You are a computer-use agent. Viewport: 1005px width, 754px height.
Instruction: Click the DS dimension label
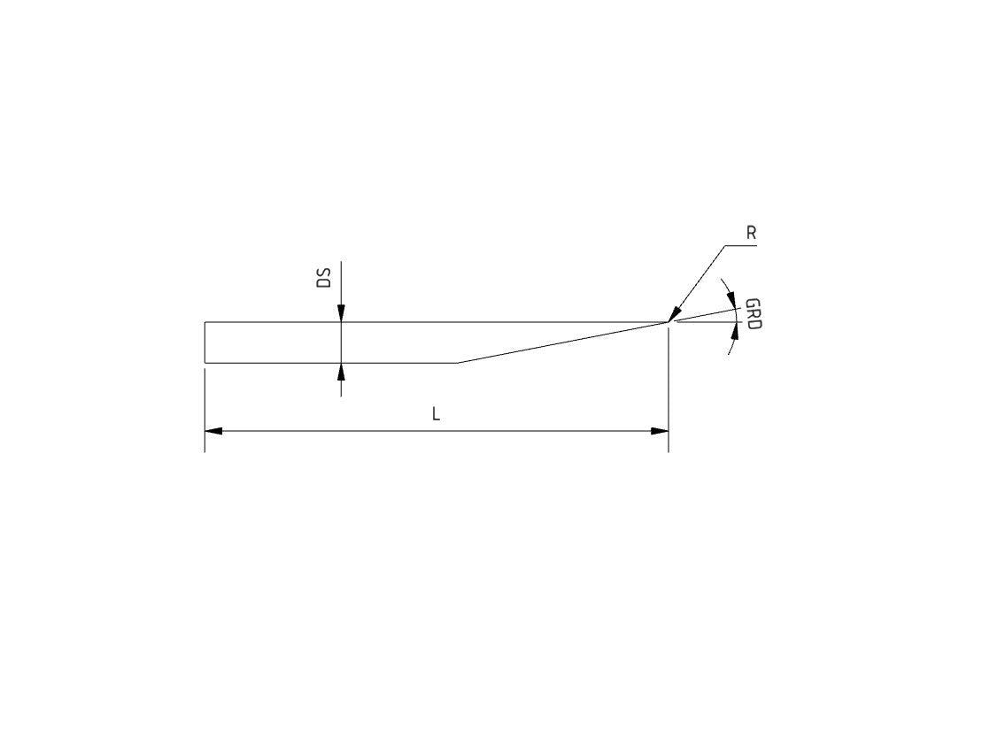click(324, 277)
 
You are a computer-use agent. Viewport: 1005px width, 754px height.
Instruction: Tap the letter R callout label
click(751, 234)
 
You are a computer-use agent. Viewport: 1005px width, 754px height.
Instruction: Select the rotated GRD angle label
click(754, 314)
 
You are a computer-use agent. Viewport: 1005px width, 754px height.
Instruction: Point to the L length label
click(436, 414)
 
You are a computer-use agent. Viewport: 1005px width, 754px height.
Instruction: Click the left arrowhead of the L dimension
click(213, 431)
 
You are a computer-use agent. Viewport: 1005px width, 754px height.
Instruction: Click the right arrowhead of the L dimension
click(660, 431)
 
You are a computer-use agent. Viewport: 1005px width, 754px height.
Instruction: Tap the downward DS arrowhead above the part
click(341, 314)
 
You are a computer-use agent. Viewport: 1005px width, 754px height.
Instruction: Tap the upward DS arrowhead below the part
click(341, 371)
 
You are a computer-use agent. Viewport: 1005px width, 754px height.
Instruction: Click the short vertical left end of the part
click(205, 342)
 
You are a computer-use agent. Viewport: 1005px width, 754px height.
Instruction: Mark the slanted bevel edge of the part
click(562, 342)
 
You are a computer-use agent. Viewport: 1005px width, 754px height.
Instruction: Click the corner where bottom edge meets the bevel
click(457, 363)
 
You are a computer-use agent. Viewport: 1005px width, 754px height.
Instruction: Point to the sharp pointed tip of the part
click(667, 322)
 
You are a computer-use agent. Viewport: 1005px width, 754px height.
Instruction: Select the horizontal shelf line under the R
click(741, 245)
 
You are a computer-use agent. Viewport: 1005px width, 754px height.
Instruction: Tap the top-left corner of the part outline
click(205, 322)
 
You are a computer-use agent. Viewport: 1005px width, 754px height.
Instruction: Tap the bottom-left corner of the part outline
click(205, 363)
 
